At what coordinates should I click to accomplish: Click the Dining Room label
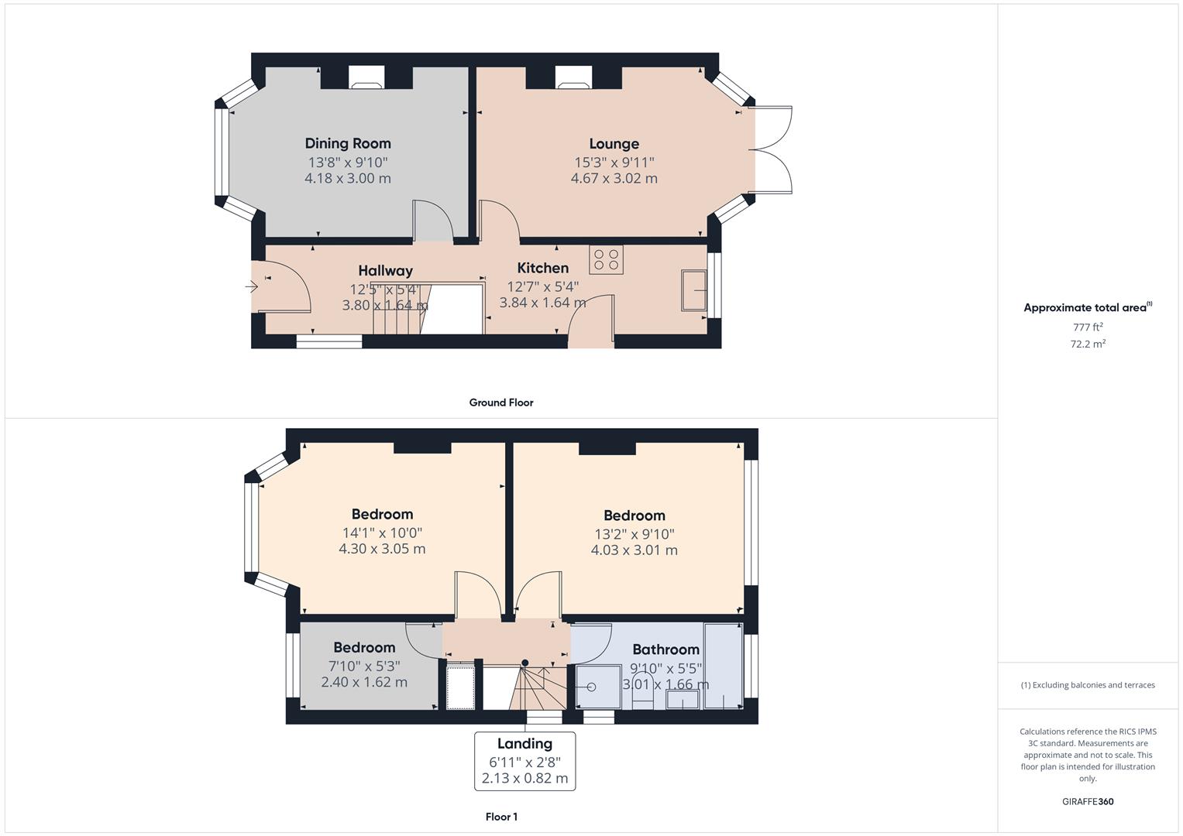tap(348, 143)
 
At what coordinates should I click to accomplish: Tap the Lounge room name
tap(614, 144)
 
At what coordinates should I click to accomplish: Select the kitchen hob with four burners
tap(606, 259)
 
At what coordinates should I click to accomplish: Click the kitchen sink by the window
tap(693, 290)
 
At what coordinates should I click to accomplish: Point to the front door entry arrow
tap(251, 287)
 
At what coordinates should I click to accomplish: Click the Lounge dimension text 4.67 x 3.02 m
tap(614, 178)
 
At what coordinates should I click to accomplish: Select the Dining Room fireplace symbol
tap(366, 76)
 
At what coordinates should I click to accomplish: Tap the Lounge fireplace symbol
tap(573, 76)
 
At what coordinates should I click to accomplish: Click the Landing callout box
tap(524, 761)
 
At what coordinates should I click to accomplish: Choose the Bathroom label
tap(665, 649)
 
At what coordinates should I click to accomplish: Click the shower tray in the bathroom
tap(598, 687)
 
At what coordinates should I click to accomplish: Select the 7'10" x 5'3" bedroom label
tap(364, 648)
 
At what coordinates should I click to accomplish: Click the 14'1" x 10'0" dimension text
tap(382, 533)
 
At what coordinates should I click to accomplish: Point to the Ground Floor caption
tap(501, 403)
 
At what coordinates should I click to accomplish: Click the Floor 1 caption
tap(501, 817)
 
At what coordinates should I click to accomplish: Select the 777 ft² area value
tap(1088, 327)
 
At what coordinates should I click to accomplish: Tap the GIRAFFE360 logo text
tap(1088, 801)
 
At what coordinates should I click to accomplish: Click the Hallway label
tap(385, 271)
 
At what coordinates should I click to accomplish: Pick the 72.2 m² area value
tap(1088, 344)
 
